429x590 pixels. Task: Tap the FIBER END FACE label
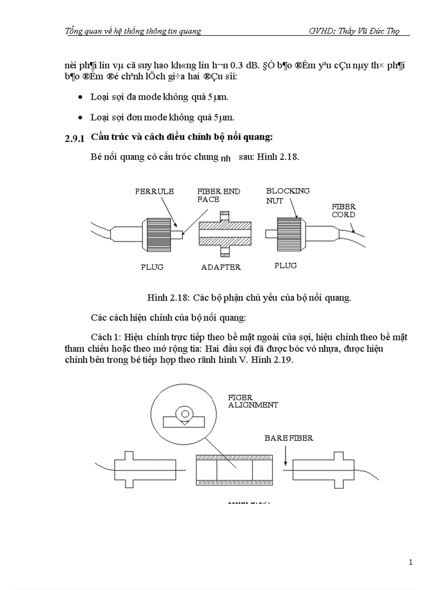click(x=218, y=195)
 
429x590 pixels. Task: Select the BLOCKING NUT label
click(x=288, y=195)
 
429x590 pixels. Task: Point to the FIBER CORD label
click(x=343, y=210)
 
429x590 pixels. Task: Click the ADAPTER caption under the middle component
click(x=221, y=267)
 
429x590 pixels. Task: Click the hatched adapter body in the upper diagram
click(x=225, y=232)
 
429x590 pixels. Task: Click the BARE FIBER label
click(x=289, y=438)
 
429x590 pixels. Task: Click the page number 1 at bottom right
click(x=410, y=562)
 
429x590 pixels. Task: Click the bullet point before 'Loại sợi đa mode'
click(x=80, y=98)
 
